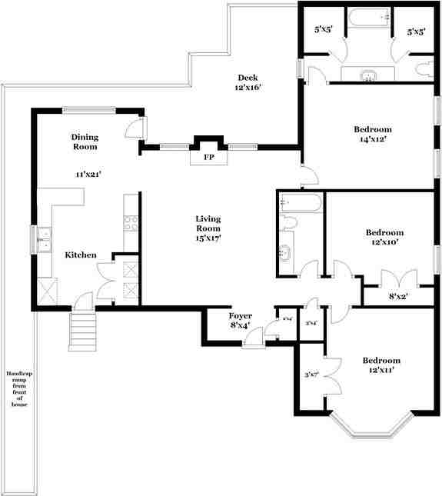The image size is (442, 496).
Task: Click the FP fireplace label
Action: [x=208, y=158]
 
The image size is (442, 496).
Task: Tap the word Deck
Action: [x=247, y=77]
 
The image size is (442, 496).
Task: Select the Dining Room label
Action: [x=85, y=141]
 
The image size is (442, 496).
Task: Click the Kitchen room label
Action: [x=80, y=255]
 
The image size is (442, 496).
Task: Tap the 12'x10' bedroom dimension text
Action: [x=384, y=243]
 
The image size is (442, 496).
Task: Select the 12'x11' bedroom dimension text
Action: [x=381, y=371]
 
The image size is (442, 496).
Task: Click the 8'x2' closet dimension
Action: [x=397, y=296]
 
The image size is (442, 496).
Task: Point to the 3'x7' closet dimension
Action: [x=312, y=374]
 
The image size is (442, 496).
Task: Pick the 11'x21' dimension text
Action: [x=89, y=175]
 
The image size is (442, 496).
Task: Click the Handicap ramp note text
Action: [x=17, y=389]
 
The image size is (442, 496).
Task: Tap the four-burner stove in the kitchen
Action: [x=131, y=222]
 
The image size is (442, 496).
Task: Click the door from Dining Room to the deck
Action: [x=135, y=127]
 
